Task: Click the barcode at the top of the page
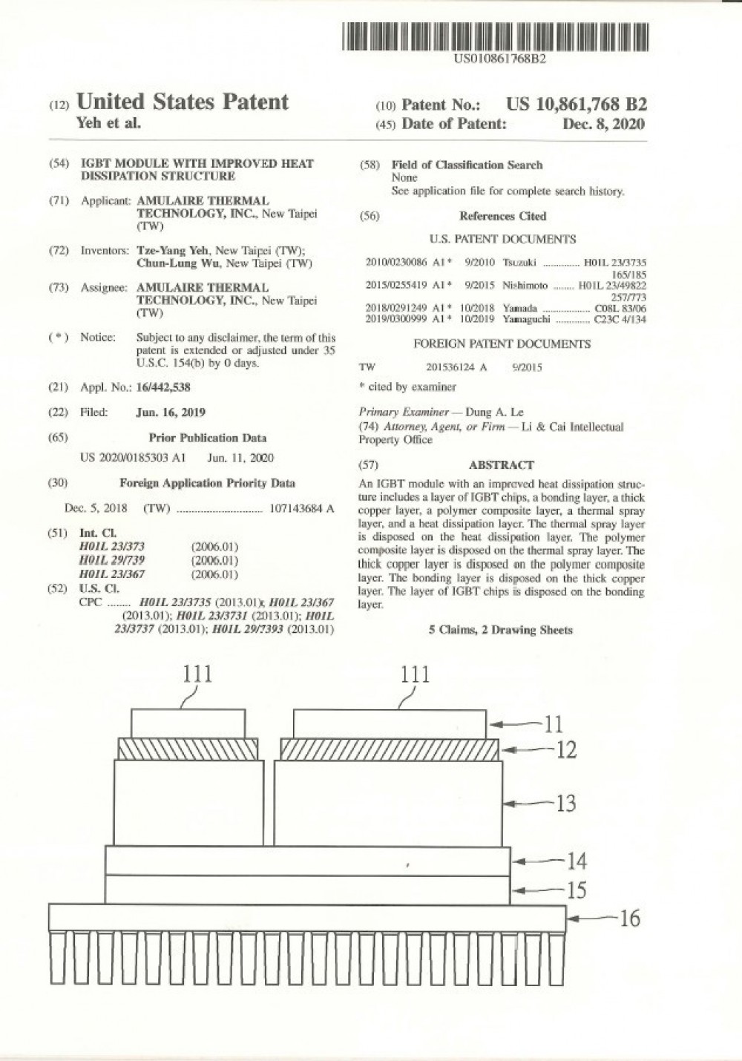coord(495,36)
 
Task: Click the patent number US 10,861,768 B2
coord(576,105)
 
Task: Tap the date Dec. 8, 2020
coord(603,124)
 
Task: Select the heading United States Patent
coord(182,102)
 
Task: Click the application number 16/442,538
coord(163,387)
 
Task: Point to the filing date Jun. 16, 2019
coord(171,412)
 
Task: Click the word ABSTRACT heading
coord(501,465)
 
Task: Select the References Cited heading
coord(502,216)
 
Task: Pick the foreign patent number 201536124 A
coord(456,367)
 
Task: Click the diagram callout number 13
coord(565,803)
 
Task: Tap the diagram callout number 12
coord(566,750)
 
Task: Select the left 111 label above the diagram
coord(197,674)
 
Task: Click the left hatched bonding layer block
coord(188,749)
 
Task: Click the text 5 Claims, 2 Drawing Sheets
coord(501,630)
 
